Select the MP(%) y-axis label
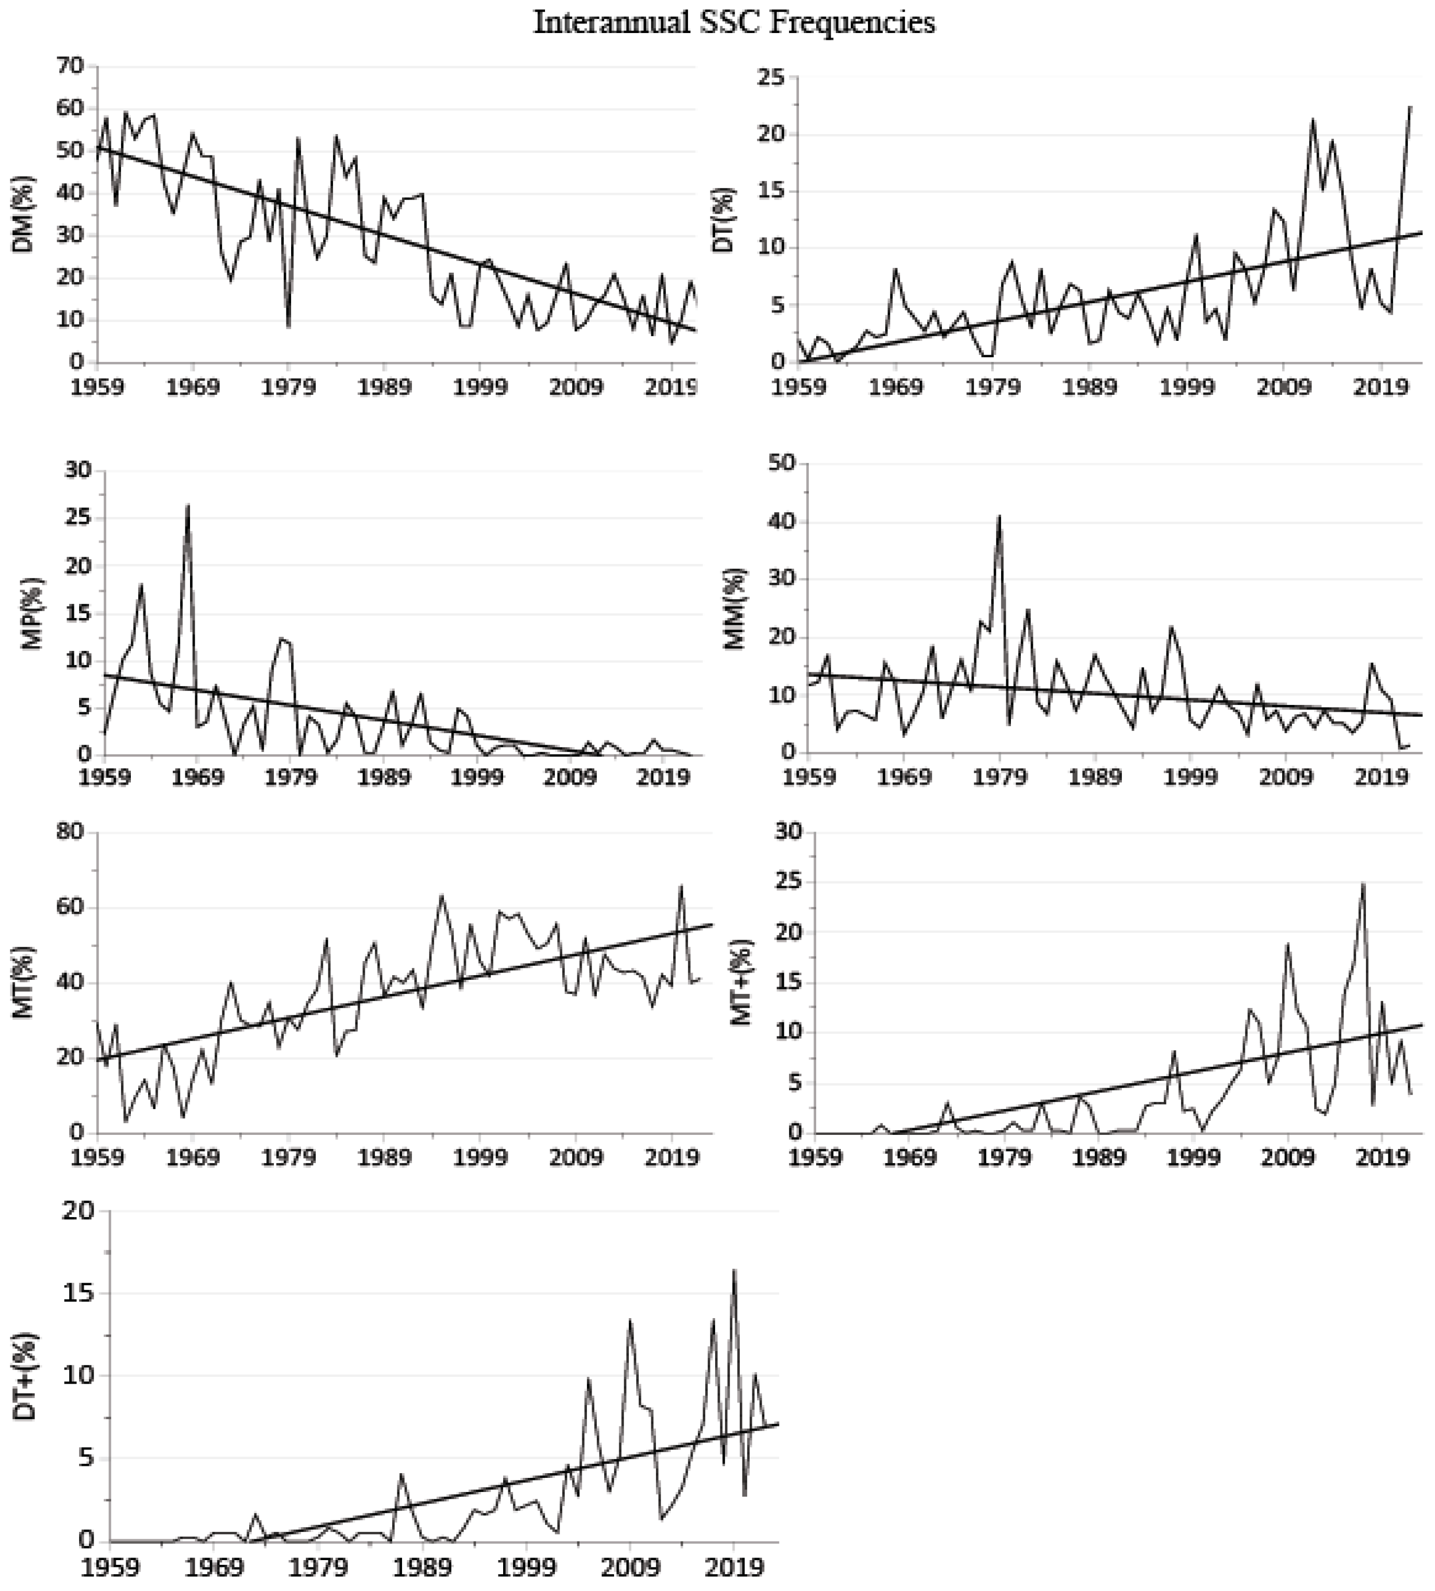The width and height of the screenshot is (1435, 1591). [31, 614]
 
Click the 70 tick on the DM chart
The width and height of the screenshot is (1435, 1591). [70, 67]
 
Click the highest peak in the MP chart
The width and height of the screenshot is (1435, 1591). [187, 505]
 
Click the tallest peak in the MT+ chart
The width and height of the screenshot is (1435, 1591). [1363, 884]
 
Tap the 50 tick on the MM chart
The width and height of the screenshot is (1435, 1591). [778, 464]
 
